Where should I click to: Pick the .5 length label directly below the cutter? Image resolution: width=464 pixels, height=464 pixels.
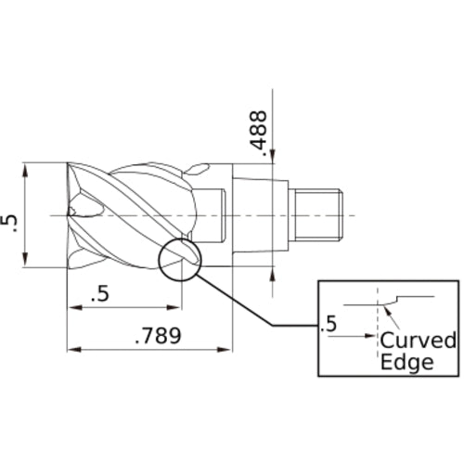(102, 294)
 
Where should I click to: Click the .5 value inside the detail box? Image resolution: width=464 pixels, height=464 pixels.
(326, 326)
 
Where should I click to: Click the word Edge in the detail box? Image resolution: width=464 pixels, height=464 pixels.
(407, 362)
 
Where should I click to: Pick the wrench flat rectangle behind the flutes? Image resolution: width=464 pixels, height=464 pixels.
(213, 215)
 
